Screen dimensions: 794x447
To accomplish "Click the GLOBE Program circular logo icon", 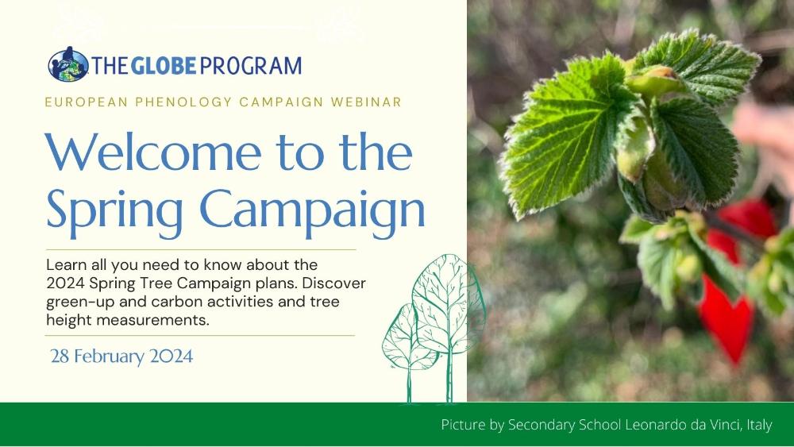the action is point(68,64).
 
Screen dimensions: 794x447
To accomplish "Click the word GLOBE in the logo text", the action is point(164,66).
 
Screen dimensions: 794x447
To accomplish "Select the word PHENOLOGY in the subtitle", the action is point(183,102).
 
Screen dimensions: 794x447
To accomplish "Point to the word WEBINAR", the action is point(366,102).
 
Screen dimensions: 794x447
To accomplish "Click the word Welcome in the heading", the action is point(153,152).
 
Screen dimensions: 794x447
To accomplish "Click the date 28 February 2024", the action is point(121,356).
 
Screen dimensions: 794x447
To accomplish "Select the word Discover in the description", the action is point(333,283).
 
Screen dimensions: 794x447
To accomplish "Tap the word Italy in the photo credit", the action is point(759,425).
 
